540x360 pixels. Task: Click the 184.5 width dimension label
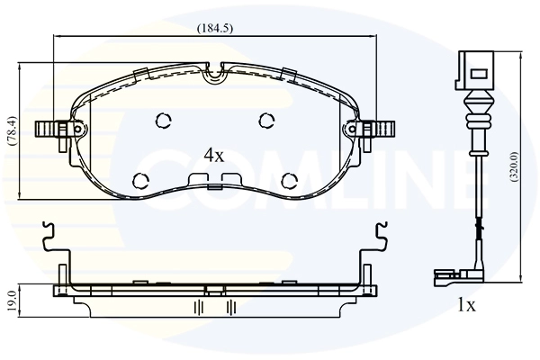pyautogui.click(x=215, y=28)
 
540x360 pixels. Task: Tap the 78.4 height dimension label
pyautogui.click(x=11, y=130)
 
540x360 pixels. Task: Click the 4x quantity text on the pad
pyautogui.click(x=213, y=155)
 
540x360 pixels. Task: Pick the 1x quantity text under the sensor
pyautogui.click(x=465, y=305)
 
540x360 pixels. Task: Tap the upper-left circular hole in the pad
pyautogui.click(x=164, y=120)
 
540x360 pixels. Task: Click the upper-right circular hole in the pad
pyautogui.click(x=266, y=120)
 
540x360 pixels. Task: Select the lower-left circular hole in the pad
pyautogui.click(x=142, y=178)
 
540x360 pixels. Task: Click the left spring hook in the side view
pyautogui.click(x=52, y=236)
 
